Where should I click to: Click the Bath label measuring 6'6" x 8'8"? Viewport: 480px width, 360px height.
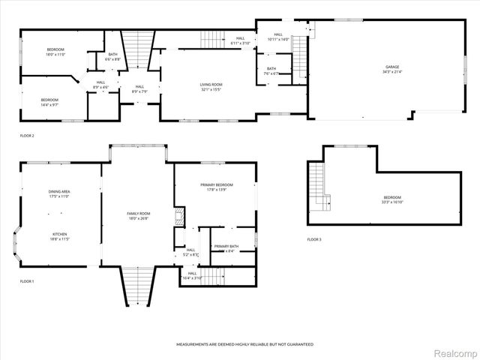coord(112,55)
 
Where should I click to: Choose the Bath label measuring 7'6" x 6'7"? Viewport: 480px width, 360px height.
coord(271,71)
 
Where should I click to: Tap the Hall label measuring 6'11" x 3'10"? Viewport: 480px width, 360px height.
coord(240,40)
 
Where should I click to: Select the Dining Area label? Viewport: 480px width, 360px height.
coord(59,193)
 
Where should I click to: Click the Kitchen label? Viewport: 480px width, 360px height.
coord(59,235)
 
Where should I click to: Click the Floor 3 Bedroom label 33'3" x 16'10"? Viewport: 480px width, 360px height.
coord(392,199)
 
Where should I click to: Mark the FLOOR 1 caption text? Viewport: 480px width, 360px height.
coord(27,281)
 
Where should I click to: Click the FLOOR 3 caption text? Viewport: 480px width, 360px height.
coord(313,239)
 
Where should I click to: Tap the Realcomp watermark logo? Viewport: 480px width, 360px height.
coord(456,352)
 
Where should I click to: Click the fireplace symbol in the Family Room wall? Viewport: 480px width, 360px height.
coord(179,217)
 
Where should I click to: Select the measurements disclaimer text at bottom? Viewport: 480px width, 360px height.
coord(244,344)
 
